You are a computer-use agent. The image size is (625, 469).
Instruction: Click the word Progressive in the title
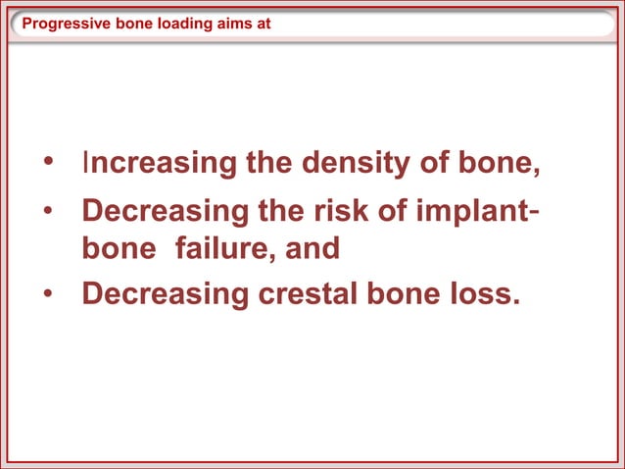click(x=58, y=24)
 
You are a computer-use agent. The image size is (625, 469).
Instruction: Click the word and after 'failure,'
click(x=312, y=248)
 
